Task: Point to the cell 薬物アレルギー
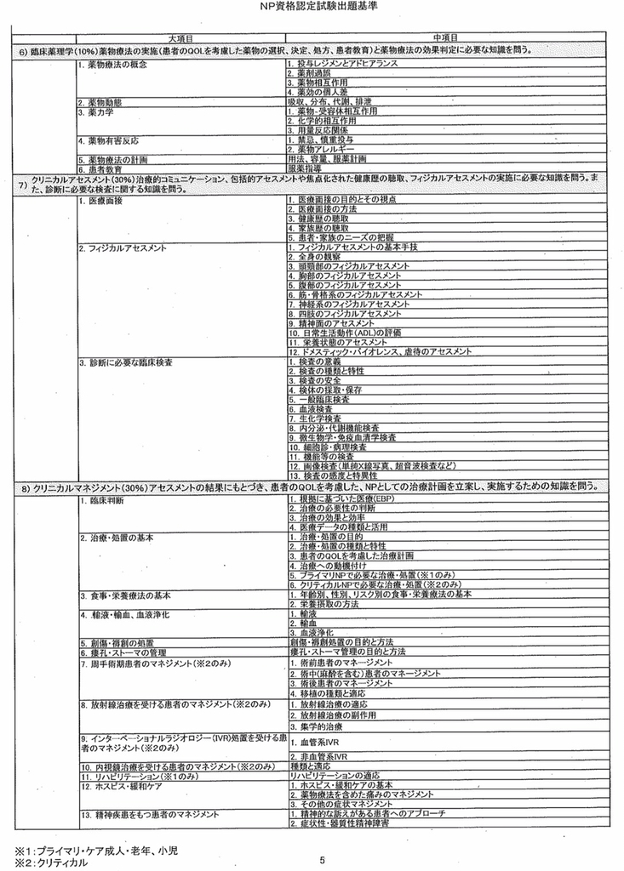point(323,149)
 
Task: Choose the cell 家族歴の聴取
point(323,228)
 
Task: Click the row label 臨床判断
point(106,500)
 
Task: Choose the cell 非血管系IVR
point(319,754)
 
